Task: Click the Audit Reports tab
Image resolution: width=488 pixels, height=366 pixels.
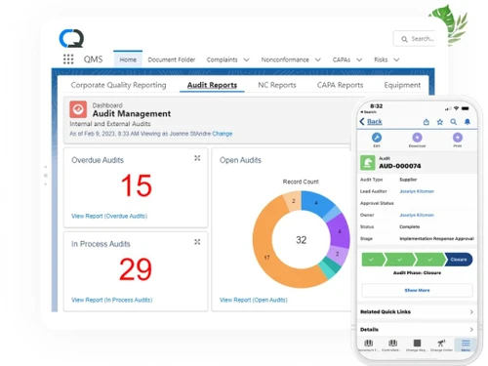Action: pos(211,85)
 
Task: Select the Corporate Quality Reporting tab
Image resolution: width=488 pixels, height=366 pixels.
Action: pos(118,85)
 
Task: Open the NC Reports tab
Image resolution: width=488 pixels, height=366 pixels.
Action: pos(276,85)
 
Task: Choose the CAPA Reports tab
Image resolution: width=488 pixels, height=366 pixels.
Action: pos(340,85)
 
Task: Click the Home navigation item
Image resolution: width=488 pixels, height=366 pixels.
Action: pos(128,60)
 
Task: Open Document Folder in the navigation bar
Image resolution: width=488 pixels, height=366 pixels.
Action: pos(171,60)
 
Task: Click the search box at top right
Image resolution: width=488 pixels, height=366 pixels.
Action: pos(417,39)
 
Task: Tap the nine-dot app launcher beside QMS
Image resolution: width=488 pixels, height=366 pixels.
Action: pos(68,60)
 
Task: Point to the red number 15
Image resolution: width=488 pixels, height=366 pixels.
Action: pos(136,185)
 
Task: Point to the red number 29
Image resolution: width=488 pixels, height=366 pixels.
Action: pos(136,268)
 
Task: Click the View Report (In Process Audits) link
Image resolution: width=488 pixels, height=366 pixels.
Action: pos(111,300)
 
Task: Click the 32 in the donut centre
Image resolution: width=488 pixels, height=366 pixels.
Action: pos(301,240)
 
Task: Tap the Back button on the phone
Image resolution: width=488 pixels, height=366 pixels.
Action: pos(372,122)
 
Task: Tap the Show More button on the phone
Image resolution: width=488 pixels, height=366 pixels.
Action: pos(417,290)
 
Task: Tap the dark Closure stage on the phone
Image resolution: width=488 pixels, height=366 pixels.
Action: pos(459,260)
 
